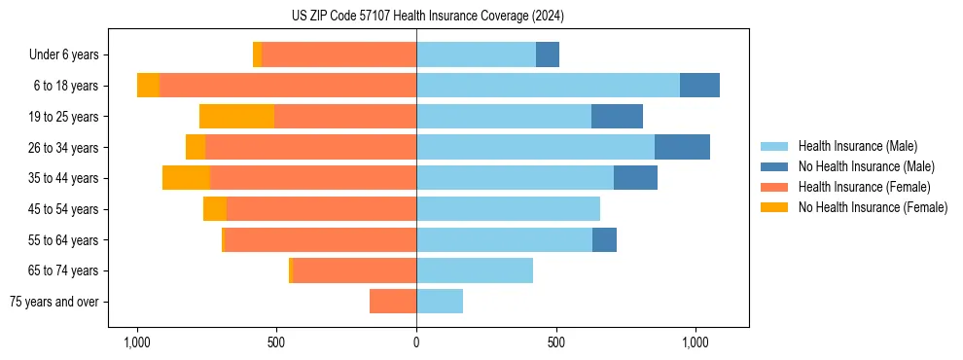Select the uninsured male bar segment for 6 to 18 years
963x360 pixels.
699,86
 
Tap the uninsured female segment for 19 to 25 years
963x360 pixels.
236,117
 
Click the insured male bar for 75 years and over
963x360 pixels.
440,302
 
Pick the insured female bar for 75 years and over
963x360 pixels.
393,302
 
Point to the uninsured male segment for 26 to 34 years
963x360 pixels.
682,147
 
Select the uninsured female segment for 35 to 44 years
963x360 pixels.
186,178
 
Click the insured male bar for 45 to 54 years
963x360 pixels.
508,209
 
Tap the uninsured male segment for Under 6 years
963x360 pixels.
548,54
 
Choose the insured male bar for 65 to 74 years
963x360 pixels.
475,270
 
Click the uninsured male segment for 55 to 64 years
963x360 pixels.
604,239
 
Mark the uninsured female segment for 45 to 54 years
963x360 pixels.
215,209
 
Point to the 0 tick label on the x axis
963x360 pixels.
416,342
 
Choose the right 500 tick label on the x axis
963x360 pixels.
555,342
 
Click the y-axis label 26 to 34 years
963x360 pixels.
64,148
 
